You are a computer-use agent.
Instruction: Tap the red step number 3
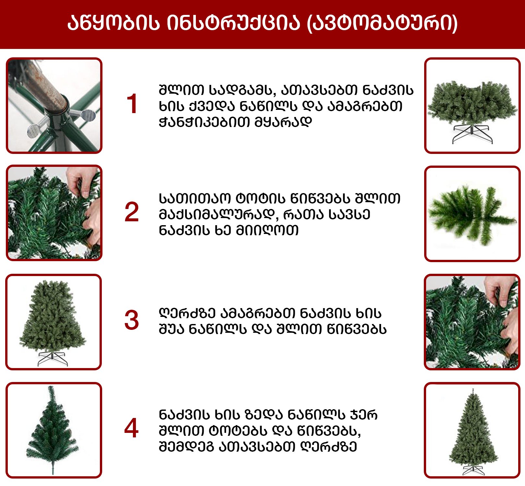[132, 320]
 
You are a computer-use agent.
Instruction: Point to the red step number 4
[131, 428]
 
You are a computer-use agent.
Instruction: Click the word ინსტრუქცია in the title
[233, 23]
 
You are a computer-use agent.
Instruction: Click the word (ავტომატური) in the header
[382, 23]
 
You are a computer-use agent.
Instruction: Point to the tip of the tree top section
[50, 387]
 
